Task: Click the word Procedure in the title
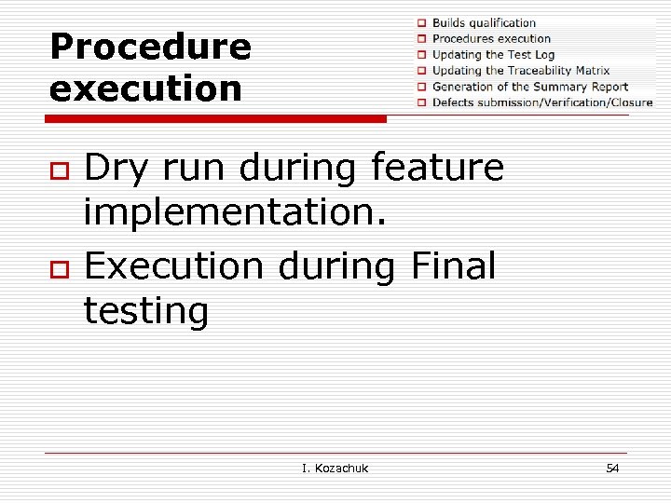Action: tap(150, 48)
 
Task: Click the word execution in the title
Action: tap(145, 89)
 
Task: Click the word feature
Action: tap(437, 169)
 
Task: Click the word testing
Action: tap(145, 311)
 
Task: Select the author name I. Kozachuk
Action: tap(335, 468)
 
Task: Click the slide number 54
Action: tap(611, 468)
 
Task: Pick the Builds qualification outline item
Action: tap(484, 22)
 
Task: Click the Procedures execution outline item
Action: tap(491, 38)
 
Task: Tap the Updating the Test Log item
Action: tap(493, 54)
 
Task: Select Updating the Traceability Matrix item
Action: tap(520, 70)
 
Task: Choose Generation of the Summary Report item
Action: tap(529, 87)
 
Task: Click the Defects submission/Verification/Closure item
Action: tap(542, 102)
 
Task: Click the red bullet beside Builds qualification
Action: tap(421, 22)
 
